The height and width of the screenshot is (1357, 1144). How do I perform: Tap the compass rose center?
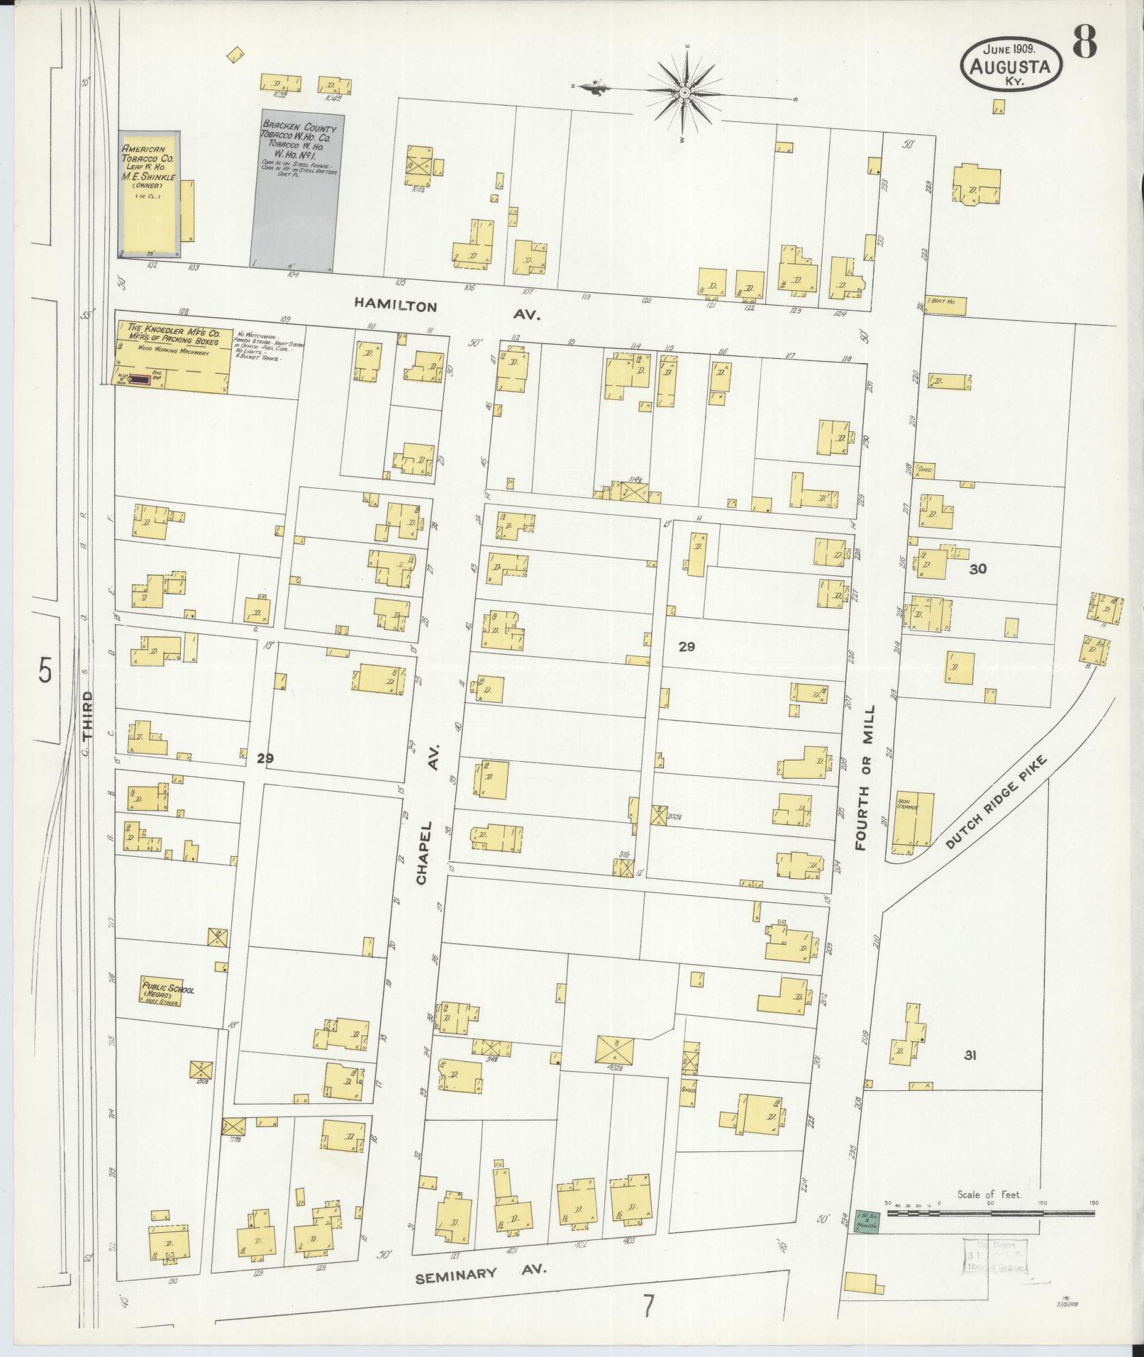pos(685,93)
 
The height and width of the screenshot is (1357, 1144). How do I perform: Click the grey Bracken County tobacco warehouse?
pos(298,192)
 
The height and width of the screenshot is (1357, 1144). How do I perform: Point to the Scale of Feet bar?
pos(989,1214)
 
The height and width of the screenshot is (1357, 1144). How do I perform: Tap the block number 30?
pos(978,568)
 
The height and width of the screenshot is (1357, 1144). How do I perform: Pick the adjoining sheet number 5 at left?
pos(45,670)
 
